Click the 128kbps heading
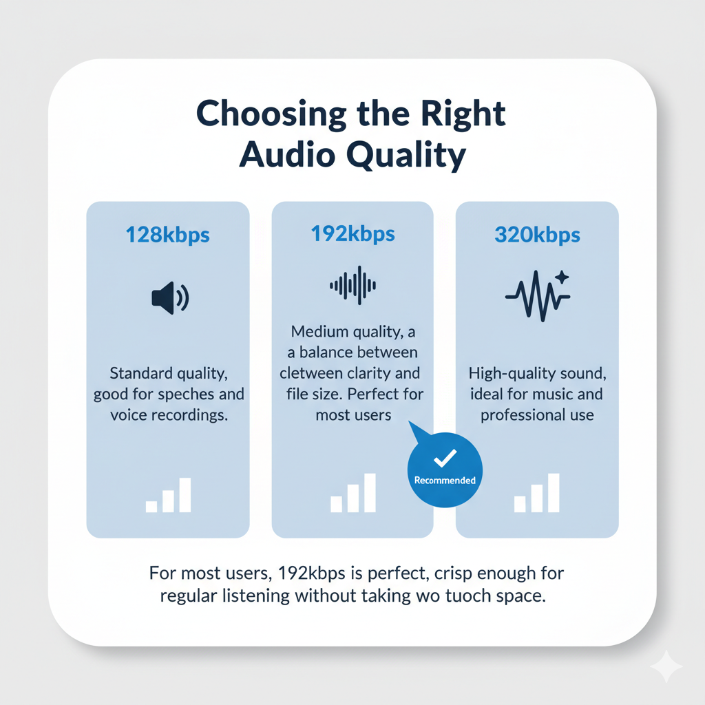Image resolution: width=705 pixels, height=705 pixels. [x=168, y=235]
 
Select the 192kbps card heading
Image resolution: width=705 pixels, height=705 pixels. [x=353, y=234]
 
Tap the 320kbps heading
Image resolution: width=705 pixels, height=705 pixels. [x=537, y=235]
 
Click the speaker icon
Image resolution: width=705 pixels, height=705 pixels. [x=170, y=297]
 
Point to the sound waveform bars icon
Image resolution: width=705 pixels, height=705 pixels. [x=353, y=285]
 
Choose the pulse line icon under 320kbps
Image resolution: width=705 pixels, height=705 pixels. [x=537, y=296]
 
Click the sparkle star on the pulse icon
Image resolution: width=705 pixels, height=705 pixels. [x=562, y=277]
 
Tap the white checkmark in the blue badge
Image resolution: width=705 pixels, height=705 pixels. [x=445, y=458]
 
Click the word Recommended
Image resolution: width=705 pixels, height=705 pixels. [x=445, y=480]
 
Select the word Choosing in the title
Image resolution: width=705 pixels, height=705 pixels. [x=271, y=114]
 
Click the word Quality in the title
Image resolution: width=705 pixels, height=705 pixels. [x=406, y=156]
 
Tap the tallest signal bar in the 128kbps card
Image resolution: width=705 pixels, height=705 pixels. [x=185, y=495]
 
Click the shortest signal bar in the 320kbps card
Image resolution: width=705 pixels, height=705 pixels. [x=520, y=504]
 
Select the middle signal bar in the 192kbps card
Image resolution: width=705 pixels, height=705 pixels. [x=353, y=498]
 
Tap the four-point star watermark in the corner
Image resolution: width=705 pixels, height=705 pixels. [x=666, y=666]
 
